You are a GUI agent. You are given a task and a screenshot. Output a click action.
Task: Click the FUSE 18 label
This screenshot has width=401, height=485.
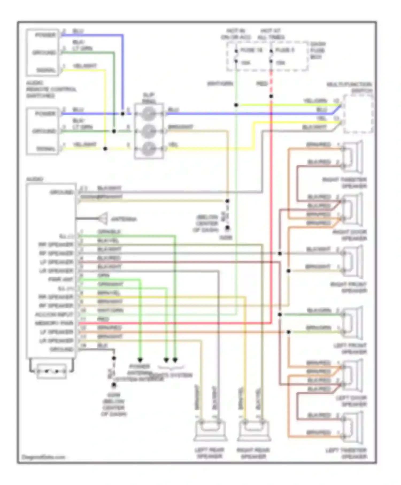251,50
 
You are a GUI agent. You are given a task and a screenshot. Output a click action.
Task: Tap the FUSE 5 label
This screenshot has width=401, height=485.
285,50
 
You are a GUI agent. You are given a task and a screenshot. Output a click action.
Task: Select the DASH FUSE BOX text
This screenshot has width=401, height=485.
318,50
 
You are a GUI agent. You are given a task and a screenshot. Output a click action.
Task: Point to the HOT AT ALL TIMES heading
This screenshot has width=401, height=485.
271,34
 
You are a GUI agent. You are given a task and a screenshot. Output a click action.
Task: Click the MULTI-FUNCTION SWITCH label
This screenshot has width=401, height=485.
349,87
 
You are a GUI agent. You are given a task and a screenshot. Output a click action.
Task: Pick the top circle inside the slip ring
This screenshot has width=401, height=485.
149,114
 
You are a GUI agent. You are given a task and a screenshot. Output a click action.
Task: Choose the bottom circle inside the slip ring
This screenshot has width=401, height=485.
149,148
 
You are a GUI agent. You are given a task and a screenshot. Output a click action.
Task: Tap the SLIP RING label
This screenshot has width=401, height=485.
149,98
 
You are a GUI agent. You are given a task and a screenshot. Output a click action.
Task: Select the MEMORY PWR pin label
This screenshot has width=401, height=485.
54,323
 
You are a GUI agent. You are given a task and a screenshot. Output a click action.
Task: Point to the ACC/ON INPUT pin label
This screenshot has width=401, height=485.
54,314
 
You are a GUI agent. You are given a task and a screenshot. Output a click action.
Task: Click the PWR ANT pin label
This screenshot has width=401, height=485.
60,279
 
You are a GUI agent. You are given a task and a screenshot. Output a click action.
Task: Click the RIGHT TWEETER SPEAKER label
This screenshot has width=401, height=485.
345,183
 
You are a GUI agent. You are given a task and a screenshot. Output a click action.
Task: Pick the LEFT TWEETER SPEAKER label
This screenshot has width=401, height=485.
346,453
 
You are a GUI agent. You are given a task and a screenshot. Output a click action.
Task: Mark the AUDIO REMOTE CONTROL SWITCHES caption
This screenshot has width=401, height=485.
51,89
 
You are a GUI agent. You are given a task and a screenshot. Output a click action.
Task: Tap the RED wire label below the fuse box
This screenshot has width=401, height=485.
262,84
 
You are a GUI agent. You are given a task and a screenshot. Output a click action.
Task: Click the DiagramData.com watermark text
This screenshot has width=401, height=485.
43,457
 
